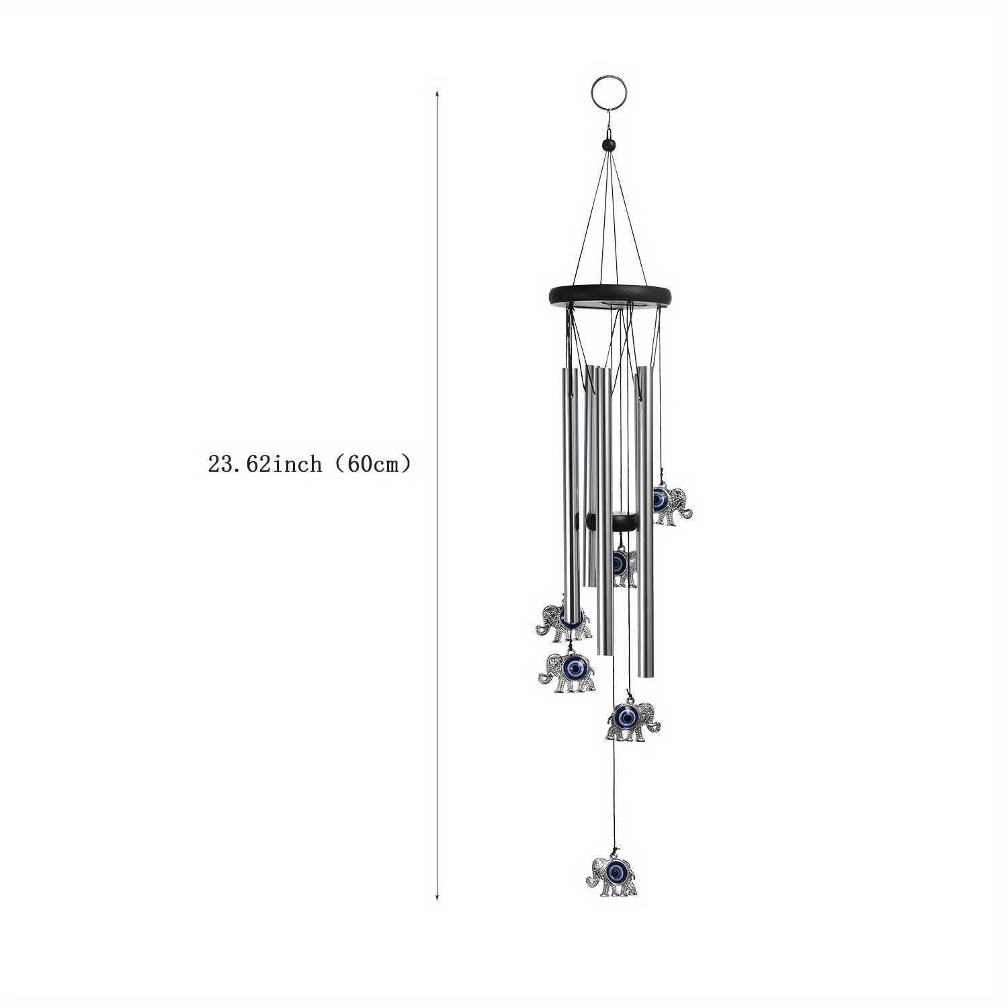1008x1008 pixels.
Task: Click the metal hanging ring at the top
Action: (x=603, y=93)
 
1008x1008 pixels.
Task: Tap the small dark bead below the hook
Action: (x=609, y=144)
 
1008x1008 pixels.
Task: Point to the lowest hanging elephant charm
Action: (x=612, y=876)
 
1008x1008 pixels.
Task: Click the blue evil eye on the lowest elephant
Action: (x=616, y=872)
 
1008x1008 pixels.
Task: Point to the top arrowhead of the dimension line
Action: (x=437, y=93)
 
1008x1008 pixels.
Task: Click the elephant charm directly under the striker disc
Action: (x=624, y=566)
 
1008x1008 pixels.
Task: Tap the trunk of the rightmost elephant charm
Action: (x=687, y=512)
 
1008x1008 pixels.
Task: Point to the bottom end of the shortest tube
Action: (x=589, y=583)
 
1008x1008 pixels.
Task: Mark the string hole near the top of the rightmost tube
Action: (x=640, y=399)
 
